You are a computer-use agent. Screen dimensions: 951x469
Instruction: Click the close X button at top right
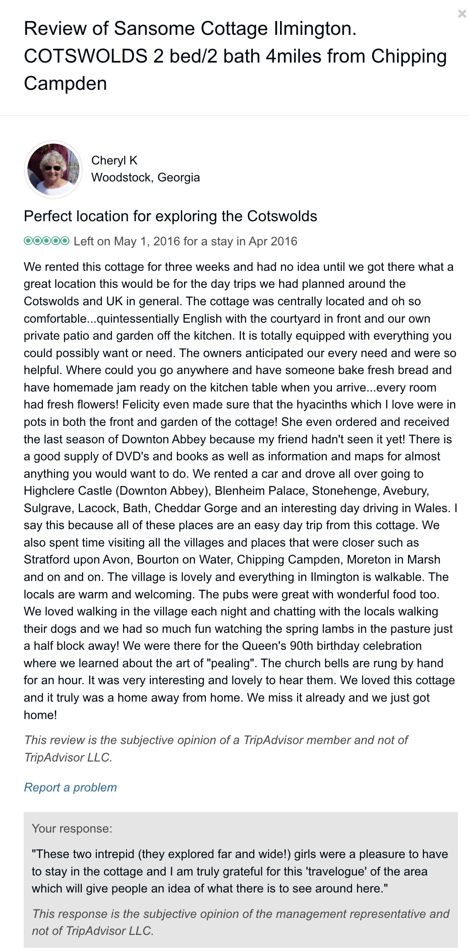462,14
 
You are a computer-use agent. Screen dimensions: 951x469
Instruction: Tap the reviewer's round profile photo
53,169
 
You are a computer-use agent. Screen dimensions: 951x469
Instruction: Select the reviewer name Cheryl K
114,160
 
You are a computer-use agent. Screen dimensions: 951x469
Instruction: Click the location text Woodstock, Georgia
145,177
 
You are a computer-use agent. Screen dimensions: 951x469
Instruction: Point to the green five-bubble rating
46,241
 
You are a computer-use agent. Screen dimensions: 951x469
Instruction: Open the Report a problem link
70,787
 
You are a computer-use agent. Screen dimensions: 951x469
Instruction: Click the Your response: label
72,829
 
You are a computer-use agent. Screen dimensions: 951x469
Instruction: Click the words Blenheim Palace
260,491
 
